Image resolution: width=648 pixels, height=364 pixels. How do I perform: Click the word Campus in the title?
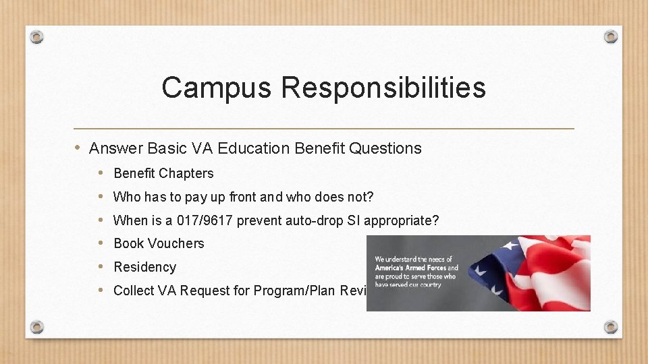217,88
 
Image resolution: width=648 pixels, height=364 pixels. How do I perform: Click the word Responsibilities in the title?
383,88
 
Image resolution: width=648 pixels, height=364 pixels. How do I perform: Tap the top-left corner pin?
37,36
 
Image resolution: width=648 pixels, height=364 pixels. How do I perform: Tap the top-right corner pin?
610,36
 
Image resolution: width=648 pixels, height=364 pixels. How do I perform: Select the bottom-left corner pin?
37,327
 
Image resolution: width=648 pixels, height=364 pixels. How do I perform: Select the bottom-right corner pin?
610,327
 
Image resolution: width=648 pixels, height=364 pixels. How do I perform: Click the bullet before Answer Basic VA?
78,148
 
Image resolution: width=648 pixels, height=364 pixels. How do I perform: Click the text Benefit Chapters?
163,173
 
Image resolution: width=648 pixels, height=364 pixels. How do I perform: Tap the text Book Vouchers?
159,243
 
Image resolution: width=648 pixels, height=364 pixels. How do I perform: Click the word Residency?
144,267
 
